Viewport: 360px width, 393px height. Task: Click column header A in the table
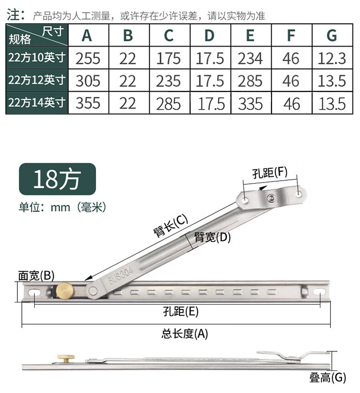point(87,36)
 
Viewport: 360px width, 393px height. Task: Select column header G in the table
point(332,36)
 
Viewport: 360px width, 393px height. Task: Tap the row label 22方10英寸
point(37,58)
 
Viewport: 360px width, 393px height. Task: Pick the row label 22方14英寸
point(37,103)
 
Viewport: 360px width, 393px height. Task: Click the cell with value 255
point(88,58)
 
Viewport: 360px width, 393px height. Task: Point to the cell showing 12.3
point(332,58)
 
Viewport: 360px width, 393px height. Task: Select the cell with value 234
point(250,58)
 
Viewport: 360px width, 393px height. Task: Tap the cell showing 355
point(88,103)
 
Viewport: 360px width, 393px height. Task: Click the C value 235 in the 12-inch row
point(168,81)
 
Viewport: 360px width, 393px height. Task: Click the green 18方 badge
point(57,179)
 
